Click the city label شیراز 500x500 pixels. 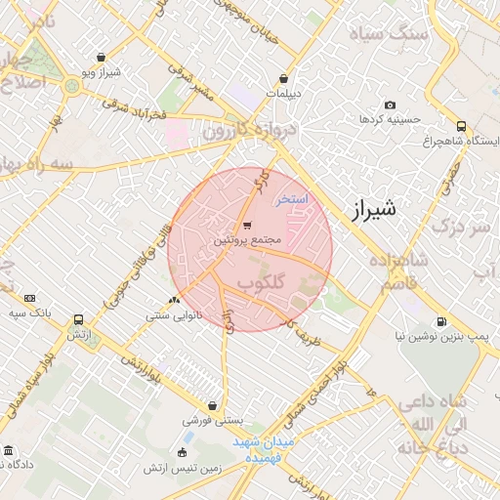click(x=374, y=208)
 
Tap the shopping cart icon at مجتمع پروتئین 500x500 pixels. click(x=246, y=224)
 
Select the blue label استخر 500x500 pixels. click(x=290, y=199)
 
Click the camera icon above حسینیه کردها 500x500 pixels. click(x=391, y=104)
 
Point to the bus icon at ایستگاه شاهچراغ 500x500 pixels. click(x=461, y=126)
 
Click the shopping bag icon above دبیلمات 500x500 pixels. click(x=284, y=79)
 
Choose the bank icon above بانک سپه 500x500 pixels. click(x=29, y=298)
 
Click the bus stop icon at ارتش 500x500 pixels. click(x=78, y=318)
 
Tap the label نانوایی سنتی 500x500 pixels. click(x=174, y=315)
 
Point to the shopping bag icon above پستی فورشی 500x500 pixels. click(x=212, y=405)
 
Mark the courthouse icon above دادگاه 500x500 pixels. click(x=9, y=450)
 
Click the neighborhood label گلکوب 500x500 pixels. click(x=262, y=282)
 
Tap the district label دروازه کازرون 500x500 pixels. click(x=237, y=130)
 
